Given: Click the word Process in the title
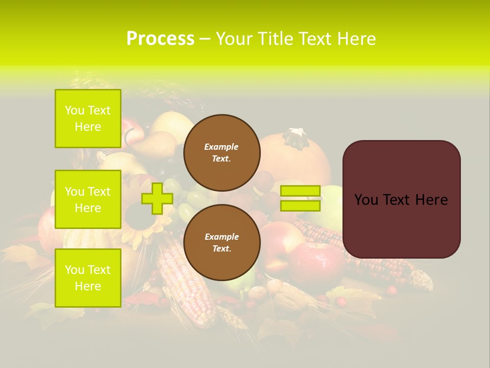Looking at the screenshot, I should pos(160,39).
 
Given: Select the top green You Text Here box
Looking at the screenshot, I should pos(88,119).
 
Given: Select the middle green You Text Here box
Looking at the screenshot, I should pos(88,199).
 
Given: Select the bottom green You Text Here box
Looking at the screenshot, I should pos(88,278).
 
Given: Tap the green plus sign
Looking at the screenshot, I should pos(157,199).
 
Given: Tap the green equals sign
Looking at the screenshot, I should pos(300,199).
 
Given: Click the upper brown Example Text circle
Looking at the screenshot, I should pos(222,152).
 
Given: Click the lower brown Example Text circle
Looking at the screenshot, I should pos(222,242).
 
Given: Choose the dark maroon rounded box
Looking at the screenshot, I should pos(401,199).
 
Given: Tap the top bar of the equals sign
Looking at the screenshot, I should pos(300,191).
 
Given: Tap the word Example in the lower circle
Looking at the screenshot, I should pos(222,237).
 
